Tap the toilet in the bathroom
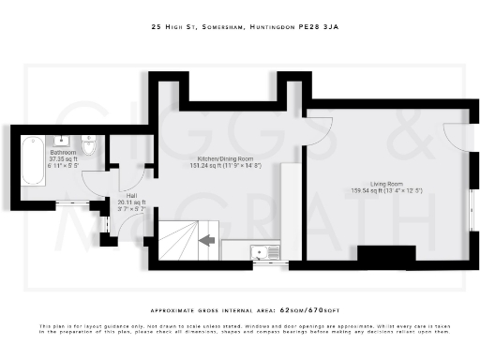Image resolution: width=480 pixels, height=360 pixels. pyautogui.click(x=88, y=147)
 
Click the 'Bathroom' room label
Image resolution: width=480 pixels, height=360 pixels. pyautogui.click(x=63, y=152)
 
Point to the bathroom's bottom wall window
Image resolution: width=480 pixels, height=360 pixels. pyautogui.click(x=69, y=204)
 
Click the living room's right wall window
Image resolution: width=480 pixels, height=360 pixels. pyautogui.click(x=471, y=208)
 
